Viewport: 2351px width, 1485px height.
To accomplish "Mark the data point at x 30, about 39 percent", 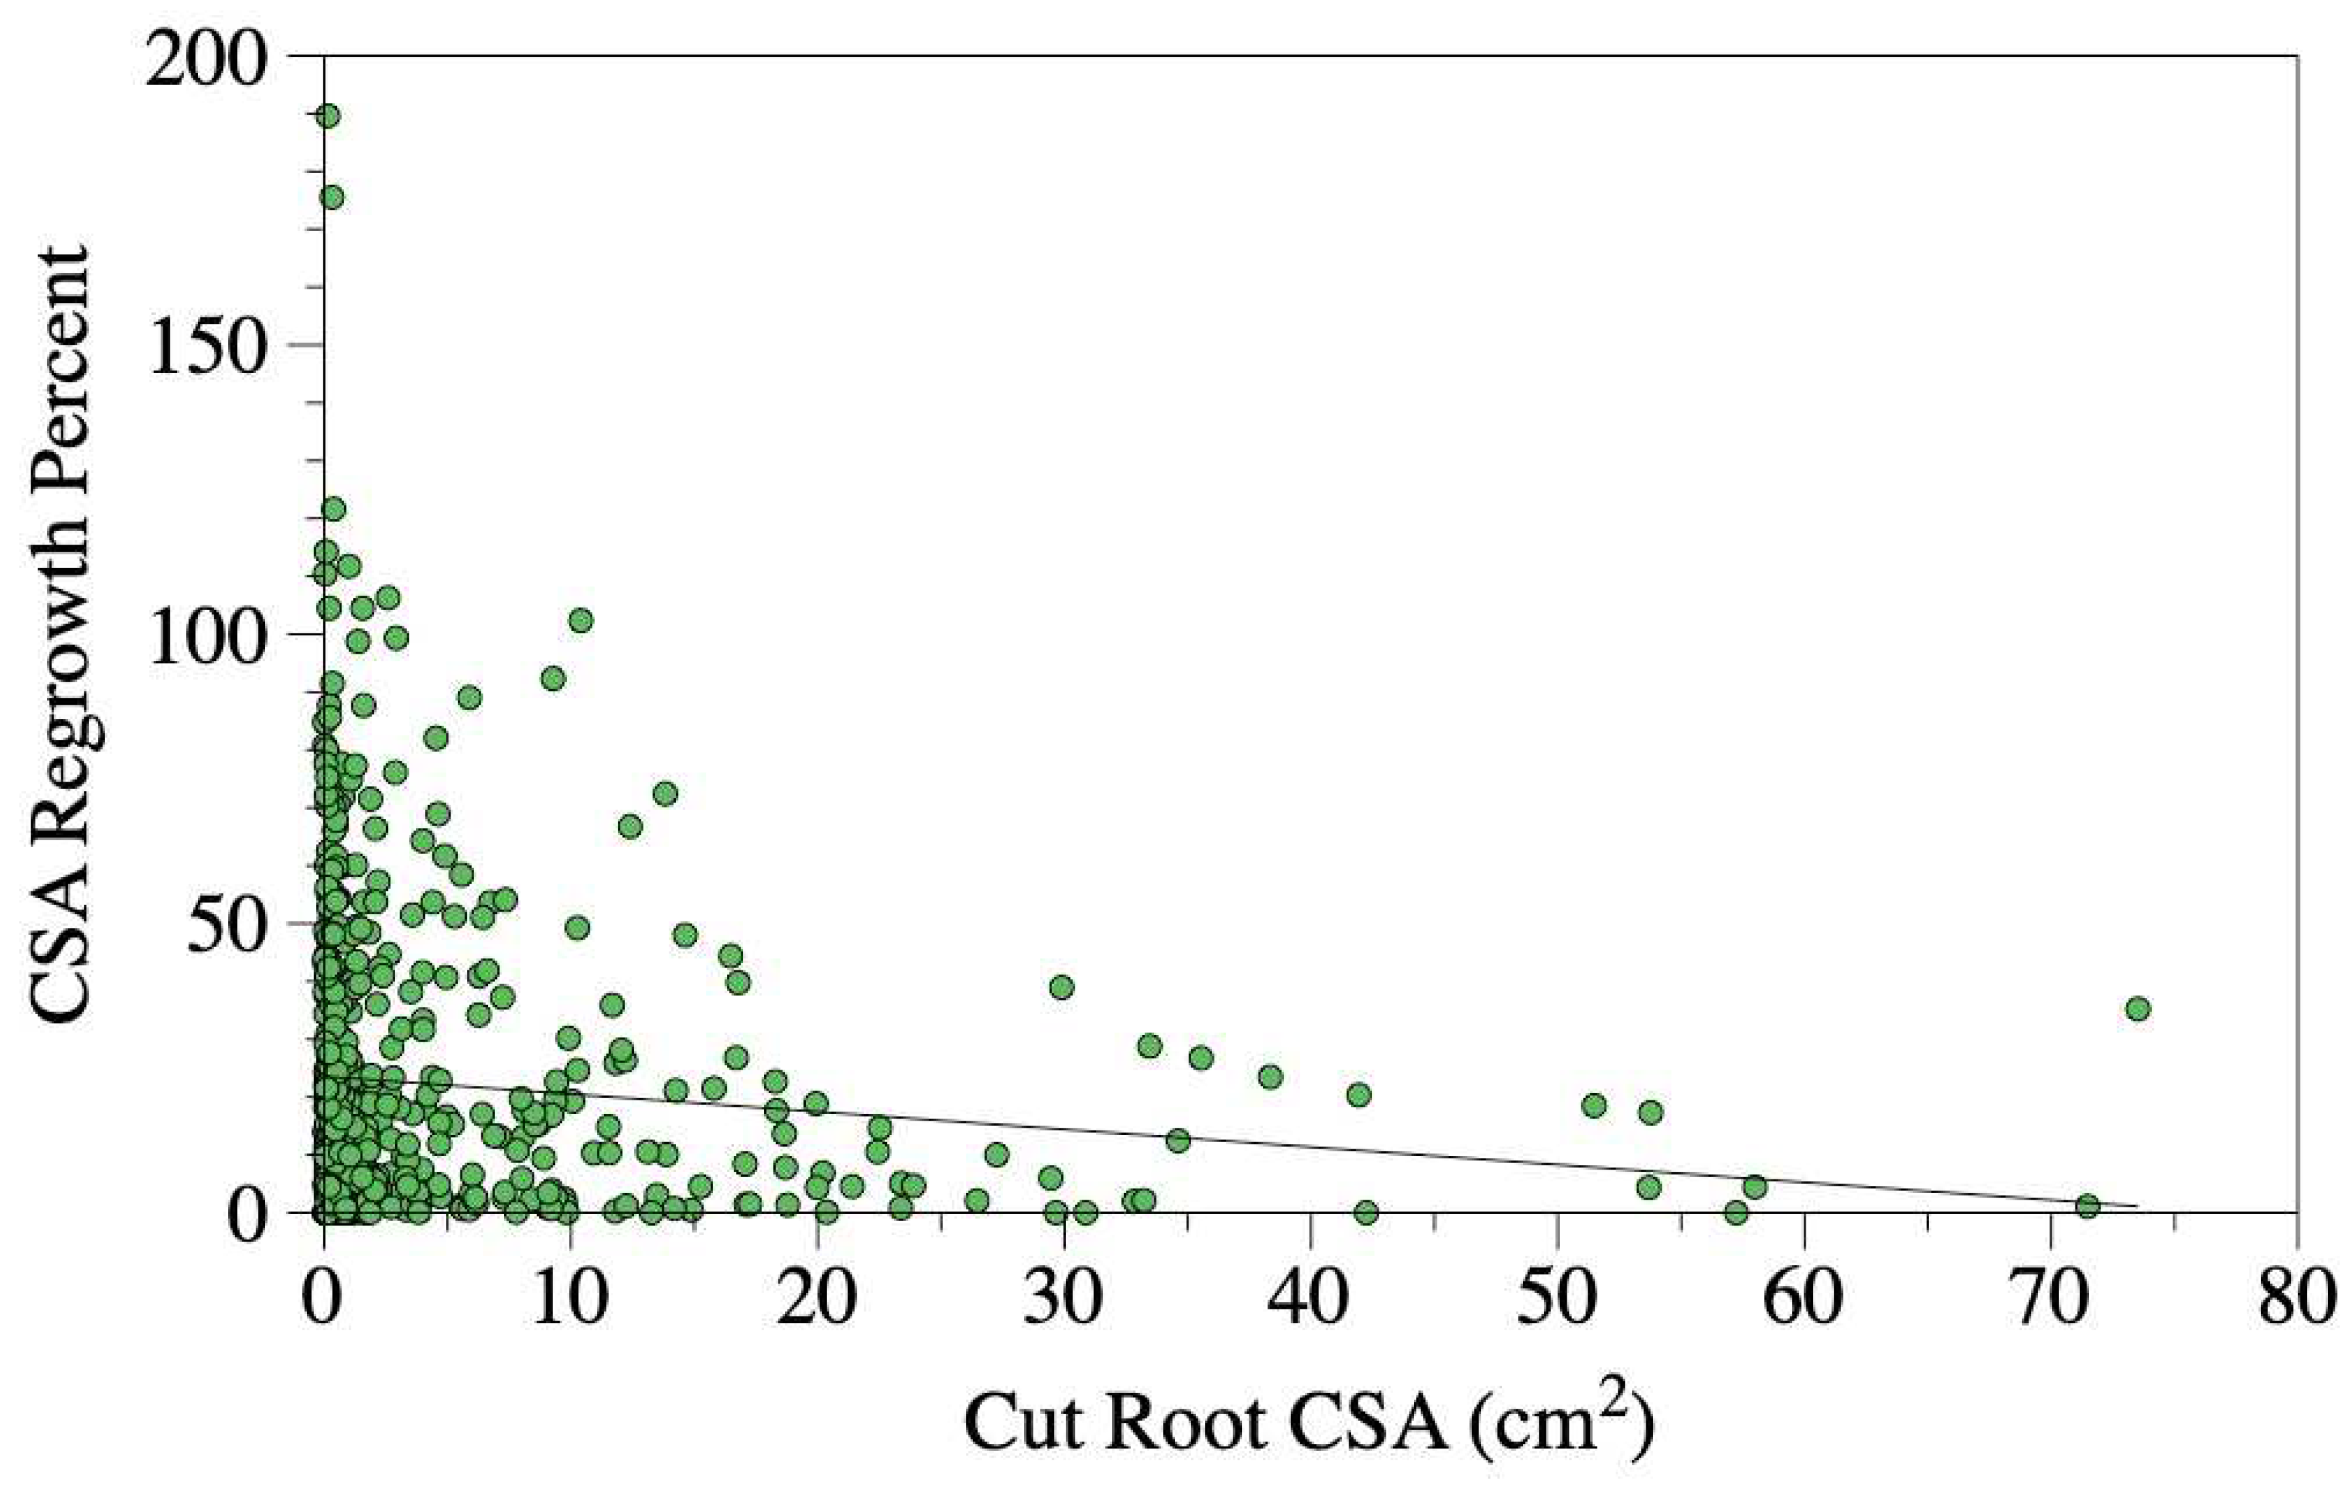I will tap(1061, 987).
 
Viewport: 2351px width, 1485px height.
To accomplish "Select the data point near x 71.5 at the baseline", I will tap(2087, 1206).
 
